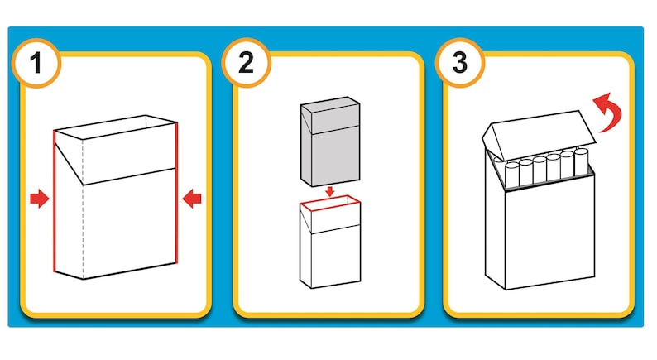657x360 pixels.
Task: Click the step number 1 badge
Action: [36, 63]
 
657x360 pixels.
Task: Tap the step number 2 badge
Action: [246, 63]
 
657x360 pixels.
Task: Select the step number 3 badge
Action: [459, 63]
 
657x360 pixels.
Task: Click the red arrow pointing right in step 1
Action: [40, 199]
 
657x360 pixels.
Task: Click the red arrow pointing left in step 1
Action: [192, 199]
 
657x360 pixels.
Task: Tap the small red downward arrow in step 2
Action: [330, 191]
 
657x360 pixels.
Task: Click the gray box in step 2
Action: [330, 142]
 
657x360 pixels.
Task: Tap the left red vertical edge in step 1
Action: [55, 201]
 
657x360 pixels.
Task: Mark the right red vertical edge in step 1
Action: [177, 193]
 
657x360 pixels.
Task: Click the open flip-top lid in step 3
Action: [539, 133]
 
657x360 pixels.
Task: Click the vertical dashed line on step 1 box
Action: [83, 209]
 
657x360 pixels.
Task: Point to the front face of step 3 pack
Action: [549, 233]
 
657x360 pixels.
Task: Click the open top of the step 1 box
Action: [116, 127]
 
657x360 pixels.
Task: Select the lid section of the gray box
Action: [330, 115]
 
